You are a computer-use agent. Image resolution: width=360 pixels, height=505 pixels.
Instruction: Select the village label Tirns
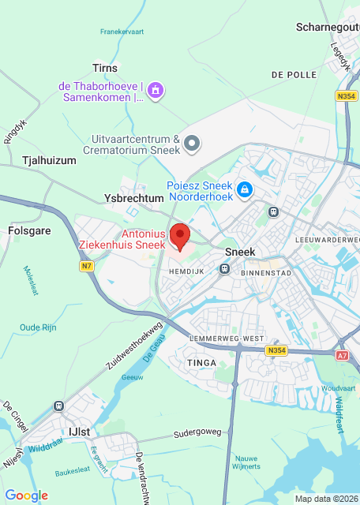click(105, 69)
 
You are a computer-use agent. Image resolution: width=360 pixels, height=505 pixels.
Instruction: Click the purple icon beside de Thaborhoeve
click(156, 90)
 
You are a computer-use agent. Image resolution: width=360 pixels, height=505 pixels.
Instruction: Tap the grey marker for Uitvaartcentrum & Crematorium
click(193, 143)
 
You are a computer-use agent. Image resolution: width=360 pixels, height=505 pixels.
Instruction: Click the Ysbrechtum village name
click(133, 197)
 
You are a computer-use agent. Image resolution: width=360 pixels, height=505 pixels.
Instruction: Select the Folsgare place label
click(29, 232)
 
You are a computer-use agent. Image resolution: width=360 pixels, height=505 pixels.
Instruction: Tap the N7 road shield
click(87, 267)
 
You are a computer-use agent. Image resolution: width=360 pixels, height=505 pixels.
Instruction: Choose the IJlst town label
click(80, 431)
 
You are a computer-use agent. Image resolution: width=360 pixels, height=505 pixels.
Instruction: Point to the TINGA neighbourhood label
click(199, 362)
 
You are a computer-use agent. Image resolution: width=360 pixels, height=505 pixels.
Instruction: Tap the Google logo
click(27, 495)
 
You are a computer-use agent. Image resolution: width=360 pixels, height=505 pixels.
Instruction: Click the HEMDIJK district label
click(187, 271)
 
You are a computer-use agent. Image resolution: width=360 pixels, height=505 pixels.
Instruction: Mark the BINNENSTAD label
click(265, 273)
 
